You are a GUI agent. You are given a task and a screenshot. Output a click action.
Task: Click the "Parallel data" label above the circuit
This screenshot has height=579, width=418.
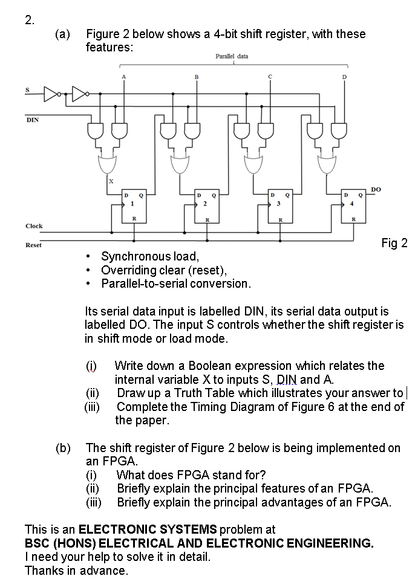[231, 56]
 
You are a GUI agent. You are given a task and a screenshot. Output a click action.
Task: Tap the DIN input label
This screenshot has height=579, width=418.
[32, 119]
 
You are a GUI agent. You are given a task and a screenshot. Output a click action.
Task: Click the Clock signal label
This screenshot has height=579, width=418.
[34, 225]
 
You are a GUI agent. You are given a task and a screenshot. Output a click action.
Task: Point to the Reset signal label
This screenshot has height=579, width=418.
[33, 245]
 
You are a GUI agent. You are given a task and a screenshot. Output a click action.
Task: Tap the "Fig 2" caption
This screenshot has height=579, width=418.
[394, 244]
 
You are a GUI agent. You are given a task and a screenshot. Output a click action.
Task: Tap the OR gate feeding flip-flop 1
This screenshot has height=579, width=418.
[109, 163]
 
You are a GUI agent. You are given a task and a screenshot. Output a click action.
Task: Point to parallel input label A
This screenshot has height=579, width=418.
[124, 76]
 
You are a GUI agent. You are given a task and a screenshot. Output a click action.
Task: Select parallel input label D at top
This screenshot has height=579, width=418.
[345, 76]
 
